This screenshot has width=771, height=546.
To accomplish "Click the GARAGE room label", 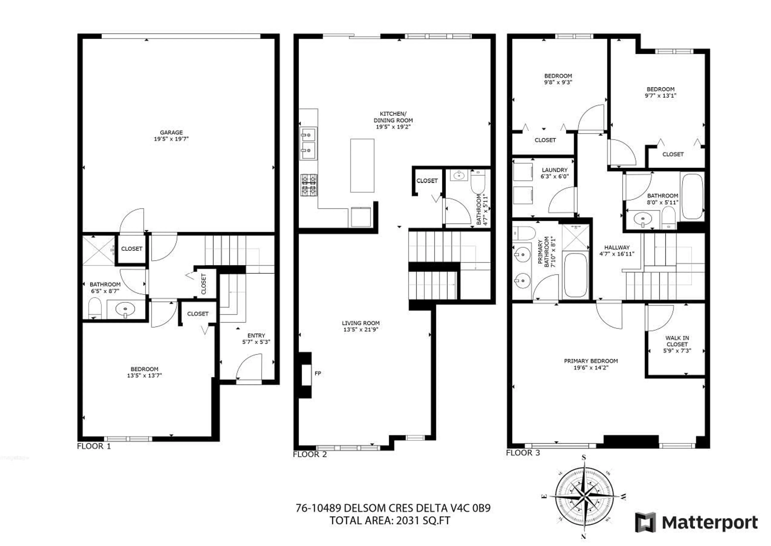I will tap(171, 132).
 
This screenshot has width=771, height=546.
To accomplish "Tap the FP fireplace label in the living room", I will tap(317, 373).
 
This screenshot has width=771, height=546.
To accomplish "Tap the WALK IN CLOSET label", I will tap(677, 341).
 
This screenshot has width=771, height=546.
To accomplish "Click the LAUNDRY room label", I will tap(554, 170).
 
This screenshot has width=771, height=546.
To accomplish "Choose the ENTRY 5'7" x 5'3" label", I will tap(256, 339).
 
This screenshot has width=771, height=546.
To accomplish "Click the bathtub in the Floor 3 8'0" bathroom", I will tap(692, 197).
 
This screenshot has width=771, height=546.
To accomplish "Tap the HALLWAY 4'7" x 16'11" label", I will tap(617, 250).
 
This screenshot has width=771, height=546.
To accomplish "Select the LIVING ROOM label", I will tap(360, 323).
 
